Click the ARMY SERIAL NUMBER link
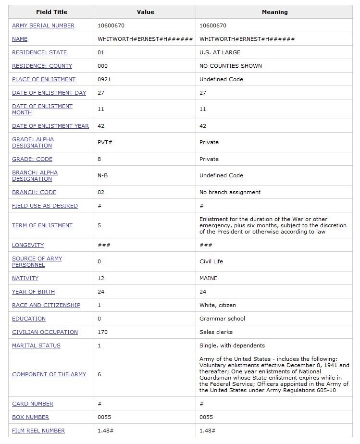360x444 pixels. click(43, 25)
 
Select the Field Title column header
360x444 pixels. click(51, 12)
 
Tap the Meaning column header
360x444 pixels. click(274, 12)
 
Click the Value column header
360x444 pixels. click(145, 12)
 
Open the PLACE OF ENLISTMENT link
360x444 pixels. click(44, 79)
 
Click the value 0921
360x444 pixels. click(104, 79)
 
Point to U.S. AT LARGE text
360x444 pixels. click(220, 52)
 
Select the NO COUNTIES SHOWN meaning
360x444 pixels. click(230, 66)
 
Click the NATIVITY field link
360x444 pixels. click(25, 278)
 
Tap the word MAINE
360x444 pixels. click(208, 278)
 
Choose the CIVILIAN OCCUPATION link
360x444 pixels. click(45, 332)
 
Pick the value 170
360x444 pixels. click(102, 332)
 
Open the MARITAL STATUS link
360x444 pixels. click(36, 345)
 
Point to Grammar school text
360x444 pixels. click(222, 319)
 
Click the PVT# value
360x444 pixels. click(104, 142)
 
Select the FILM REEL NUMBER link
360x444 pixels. click(38, 431)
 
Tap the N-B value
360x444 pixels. click(102, 175)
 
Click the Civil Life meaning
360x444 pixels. click(211, 261)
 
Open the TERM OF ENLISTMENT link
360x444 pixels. click(42, 225)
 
